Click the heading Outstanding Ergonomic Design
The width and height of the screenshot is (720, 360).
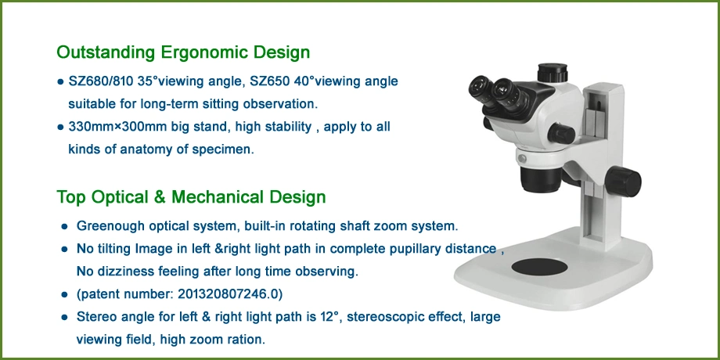(183, 52)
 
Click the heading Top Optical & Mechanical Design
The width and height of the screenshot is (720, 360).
(191, 197)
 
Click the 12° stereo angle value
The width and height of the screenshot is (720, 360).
(329, 317)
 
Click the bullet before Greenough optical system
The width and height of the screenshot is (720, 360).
(64, 227)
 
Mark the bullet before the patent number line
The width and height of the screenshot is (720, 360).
(64, 295)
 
